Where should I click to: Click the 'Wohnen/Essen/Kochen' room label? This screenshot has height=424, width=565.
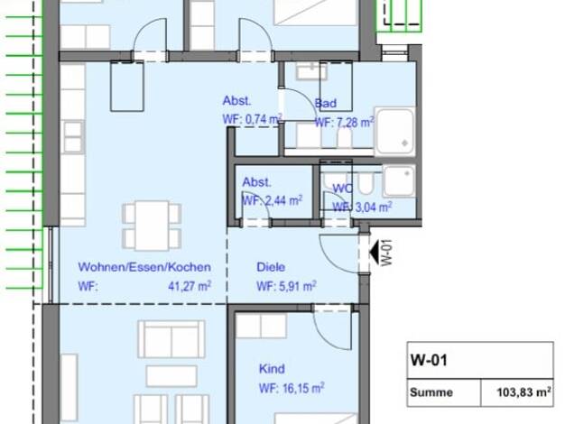144,267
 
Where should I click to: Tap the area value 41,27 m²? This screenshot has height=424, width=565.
190,286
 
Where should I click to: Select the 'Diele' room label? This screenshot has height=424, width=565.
271,267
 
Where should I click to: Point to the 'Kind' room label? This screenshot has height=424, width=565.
272,369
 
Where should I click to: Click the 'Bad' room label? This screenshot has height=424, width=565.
326,104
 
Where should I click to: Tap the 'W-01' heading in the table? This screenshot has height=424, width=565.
429,360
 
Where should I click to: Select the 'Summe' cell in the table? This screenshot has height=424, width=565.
431,392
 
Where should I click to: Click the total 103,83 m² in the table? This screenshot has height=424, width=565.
523,392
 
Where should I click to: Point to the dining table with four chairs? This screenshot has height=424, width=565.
152,226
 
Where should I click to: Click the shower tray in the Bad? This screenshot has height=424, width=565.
394,131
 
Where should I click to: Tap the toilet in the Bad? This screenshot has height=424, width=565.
345,138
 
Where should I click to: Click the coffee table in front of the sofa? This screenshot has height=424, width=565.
171,375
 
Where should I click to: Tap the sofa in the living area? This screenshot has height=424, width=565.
171,338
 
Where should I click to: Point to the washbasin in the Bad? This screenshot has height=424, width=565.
311,71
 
